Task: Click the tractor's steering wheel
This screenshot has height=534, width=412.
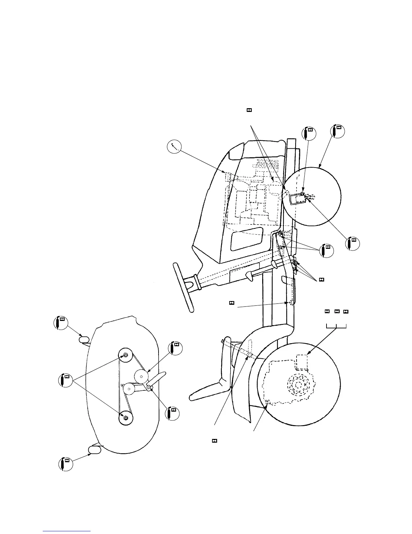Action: [x=182, y=287]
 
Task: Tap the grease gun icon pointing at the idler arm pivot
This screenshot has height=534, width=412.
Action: [x=173, y=413]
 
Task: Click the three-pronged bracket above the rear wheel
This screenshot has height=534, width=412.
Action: [x=337, y=326]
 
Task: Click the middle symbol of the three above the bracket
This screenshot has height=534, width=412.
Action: [x=337, y=311]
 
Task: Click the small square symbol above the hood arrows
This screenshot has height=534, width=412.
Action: [x=249, y=110]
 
